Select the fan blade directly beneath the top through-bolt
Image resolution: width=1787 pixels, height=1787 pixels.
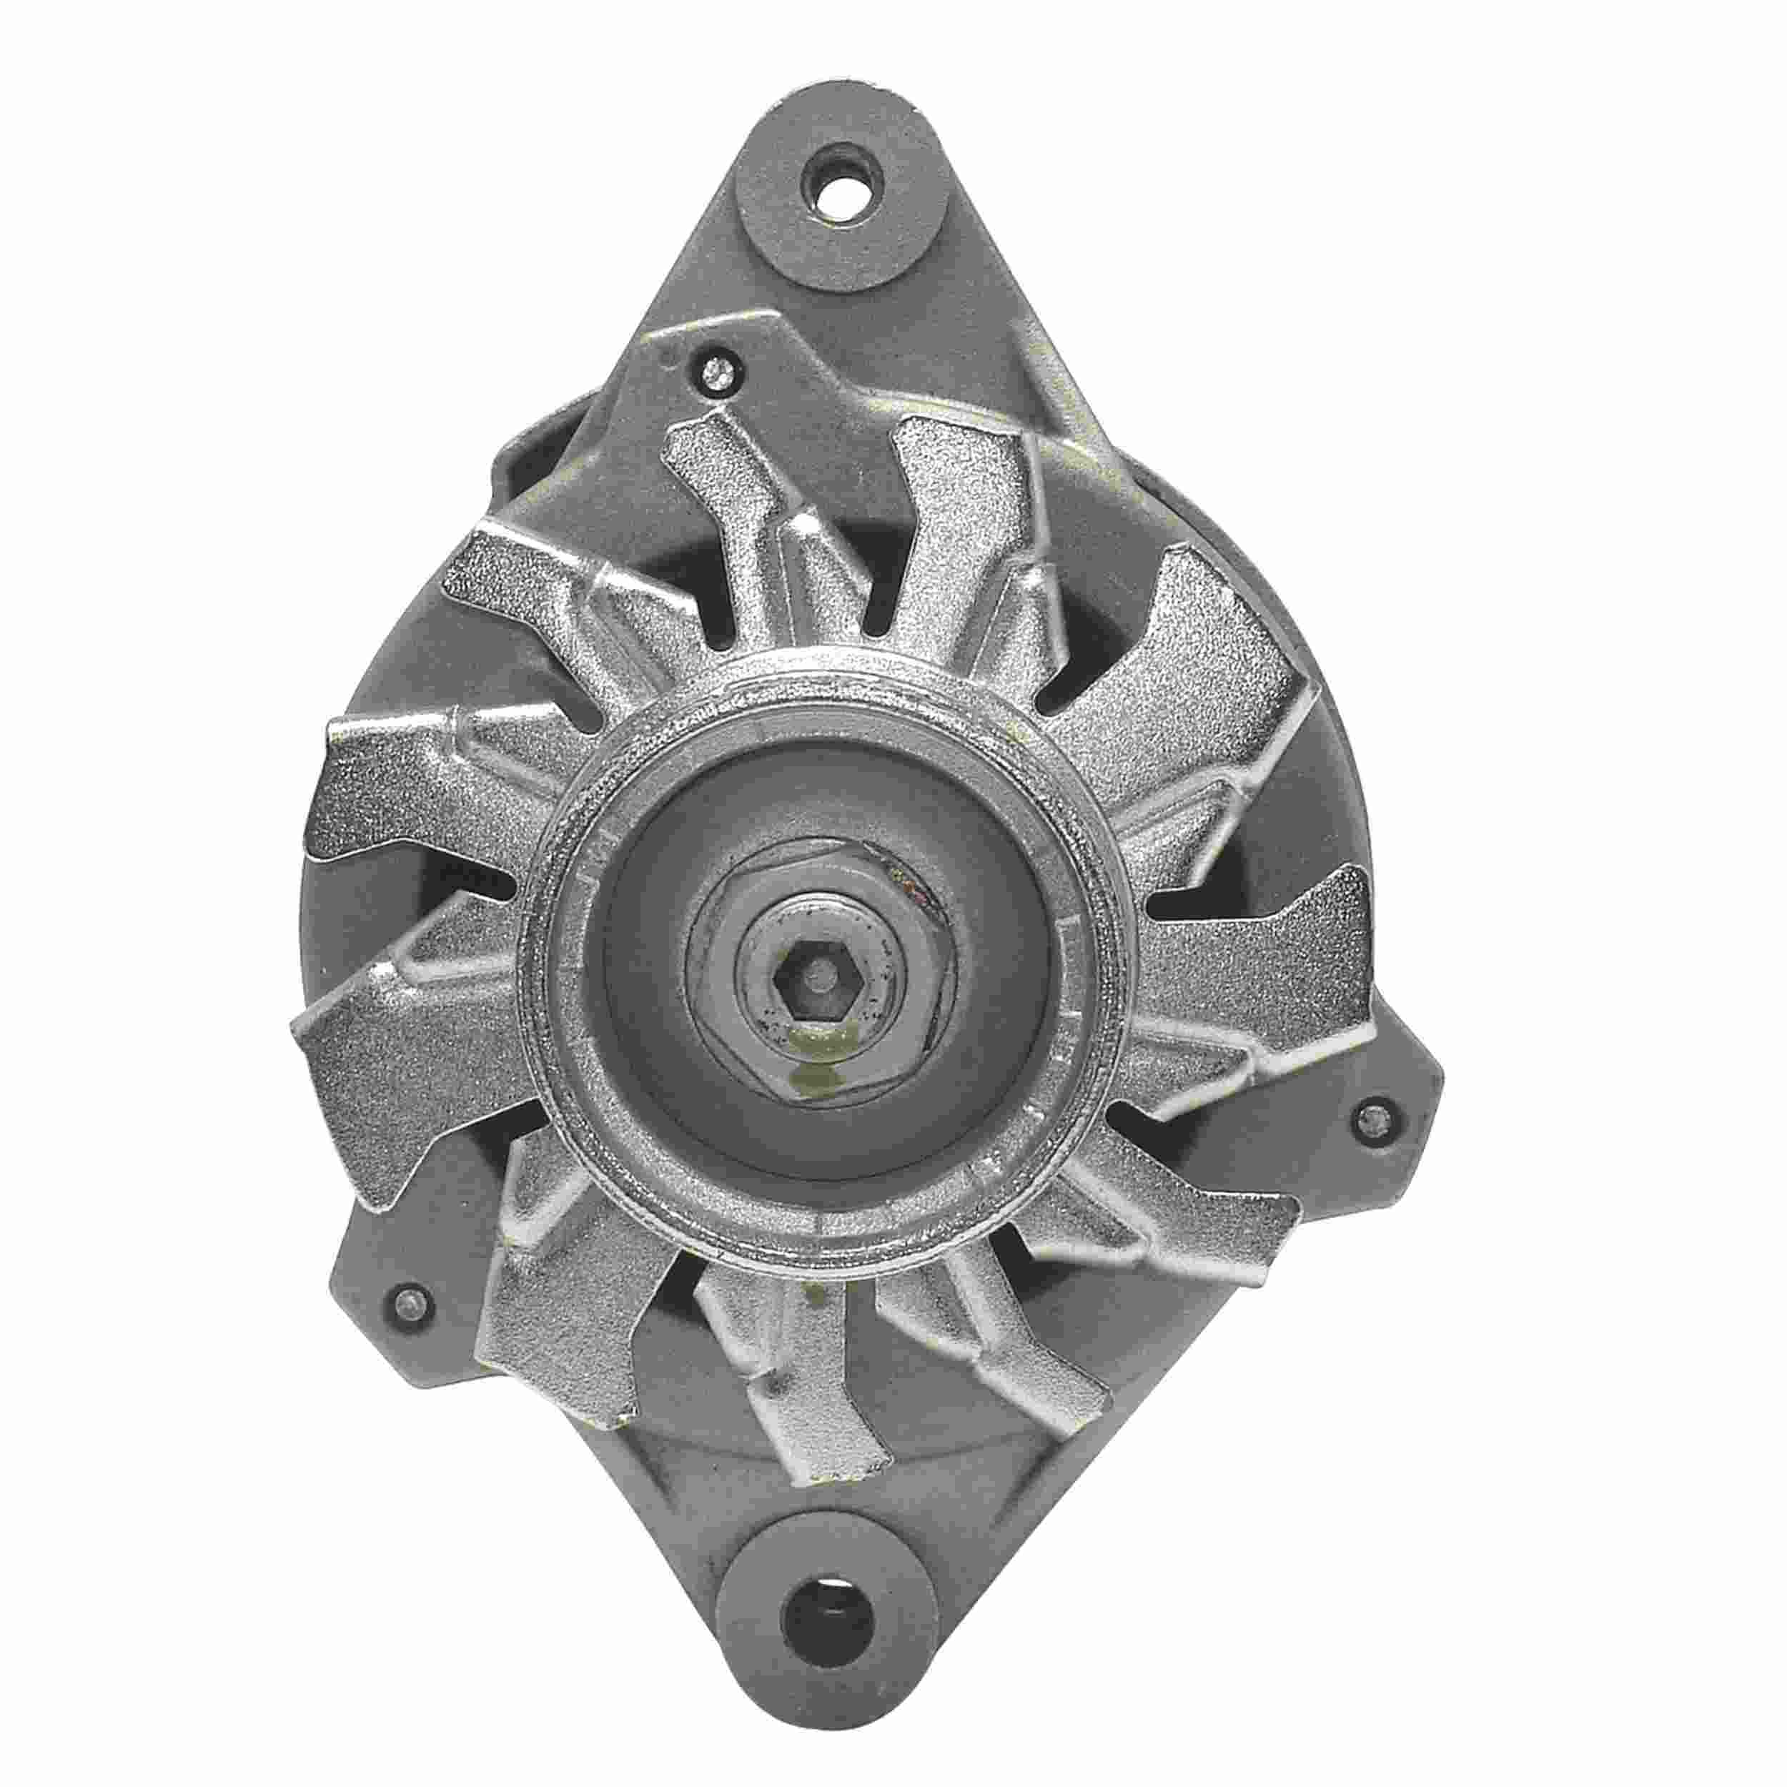click(x=731, y=518)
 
